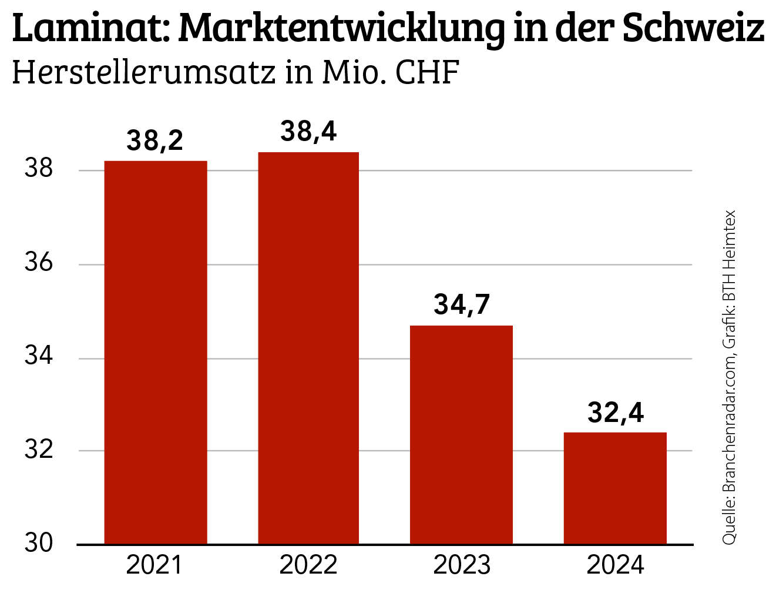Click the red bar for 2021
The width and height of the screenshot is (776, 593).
coord(156,353)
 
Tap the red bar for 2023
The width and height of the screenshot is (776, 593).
coord(461,435)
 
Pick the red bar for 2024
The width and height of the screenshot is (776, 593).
coord(615,488)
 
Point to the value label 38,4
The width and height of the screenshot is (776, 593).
coord(308,132)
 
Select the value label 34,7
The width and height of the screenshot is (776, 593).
coord(462,304)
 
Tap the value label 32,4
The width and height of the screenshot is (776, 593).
coord(616,413)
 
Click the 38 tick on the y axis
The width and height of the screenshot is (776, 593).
coord(39,169)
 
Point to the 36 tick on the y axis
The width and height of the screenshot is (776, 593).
coord(39,263)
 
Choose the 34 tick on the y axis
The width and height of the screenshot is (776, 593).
coord(39,356)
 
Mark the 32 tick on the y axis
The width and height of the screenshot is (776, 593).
coord(39,450)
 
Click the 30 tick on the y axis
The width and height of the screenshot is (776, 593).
coord(39,544)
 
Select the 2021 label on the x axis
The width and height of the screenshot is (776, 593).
coord(154,565)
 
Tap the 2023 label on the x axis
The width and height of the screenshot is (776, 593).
coord(462,565)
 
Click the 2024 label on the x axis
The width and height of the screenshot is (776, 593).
coord(616,565)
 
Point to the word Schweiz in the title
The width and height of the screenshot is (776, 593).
coord(693,27)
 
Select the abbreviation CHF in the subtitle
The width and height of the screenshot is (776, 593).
coord(426,73)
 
